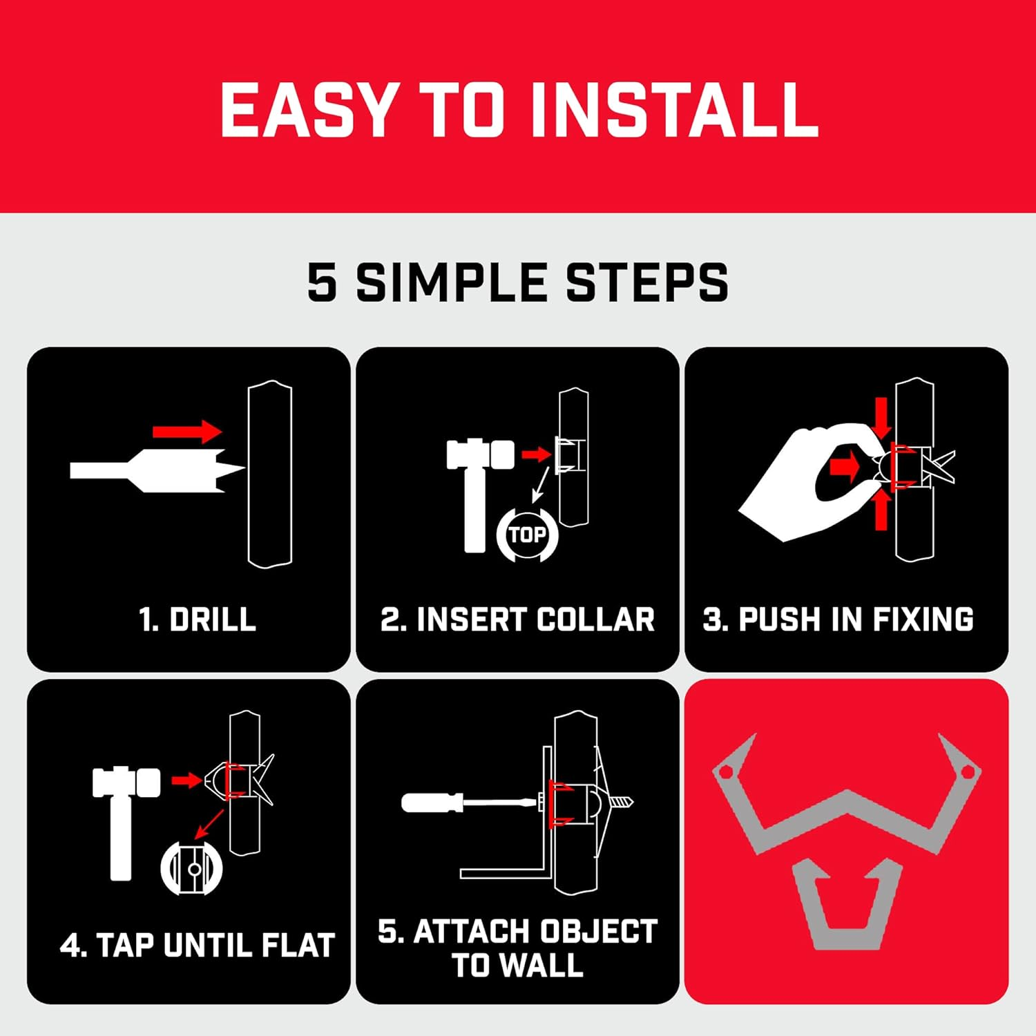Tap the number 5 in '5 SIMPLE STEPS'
(322, 282)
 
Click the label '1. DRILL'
(198, 619)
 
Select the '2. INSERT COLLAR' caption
(517, 619)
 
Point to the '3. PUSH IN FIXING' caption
(838, 619)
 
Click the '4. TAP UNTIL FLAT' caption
(198, 945)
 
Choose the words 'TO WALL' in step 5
(517, 965)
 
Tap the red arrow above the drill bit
(187, 432)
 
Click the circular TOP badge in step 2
(527, 535)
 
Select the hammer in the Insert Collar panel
(475, 483)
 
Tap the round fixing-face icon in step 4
(192, 868)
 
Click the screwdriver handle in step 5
(432, 803)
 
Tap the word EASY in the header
(309, 109)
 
